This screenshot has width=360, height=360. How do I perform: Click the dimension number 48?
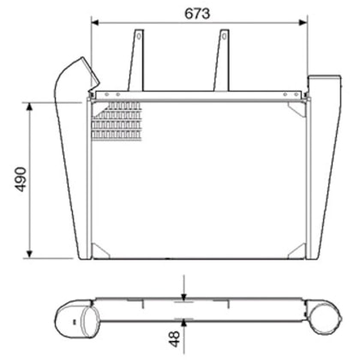coord(175,339)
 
